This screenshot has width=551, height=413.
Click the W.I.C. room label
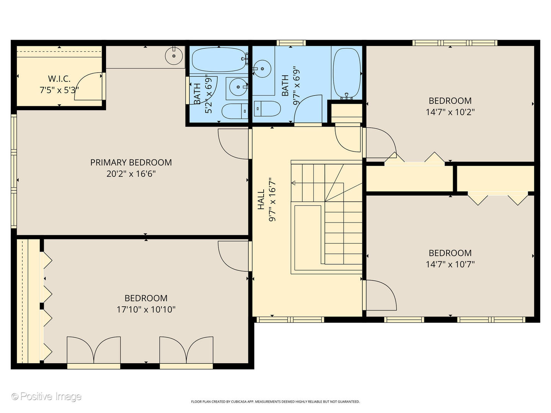(x=59, y=79)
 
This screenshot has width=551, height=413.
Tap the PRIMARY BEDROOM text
(x=131, y=163)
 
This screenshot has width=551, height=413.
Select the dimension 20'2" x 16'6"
(x=131, y=174)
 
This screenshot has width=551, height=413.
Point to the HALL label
(x=261, y=200)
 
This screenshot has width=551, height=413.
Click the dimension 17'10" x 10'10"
(x=146, y=309)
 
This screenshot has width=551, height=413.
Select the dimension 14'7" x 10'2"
(x=450, y=112)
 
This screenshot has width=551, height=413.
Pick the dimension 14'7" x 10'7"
(x=450, y=264)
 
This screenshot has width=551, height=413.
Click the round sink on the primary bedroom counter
(x=174, y=57)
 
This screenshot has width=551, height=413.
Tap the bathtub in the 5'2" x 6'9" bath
(x=218, y=60)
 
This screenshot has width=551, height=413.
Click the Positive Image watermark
(x=47, y=397)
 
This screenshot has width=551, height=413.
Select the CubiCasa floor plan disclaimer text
(x=275, y=402)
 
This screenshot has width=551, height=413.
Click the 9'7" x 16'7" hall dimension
(x=272, y=200)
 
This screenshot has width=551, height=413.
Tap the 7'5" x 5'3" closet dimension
(x=59, y=90)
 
